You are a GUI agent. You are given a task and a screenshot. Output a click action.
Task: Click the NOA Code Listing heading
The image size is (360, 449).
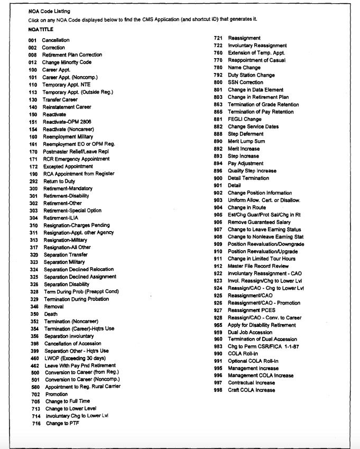[x=49, y=11]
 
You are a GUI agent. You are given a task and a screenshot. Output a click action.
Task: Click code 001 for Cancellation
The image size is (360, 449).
[x=33, y=40]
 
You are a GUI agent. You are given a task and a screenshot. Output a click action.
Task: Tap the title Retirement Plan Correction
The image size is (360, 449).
[x=72, y=55]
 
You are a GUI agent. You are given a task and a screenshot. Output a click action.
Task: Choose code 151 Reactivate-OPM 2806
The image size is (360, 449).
[x=33, y=122]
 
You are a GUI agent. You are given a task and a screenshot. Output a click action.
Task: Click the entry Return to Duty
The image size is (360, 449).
[x=60, y=181]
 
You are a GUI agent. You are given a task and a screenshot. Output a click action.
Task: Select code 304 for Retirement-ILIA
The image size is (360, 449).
[x=33, y=218]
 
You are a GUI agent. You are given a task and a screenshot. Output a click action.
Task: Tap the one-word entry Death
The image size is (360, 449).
[x=51, y=314]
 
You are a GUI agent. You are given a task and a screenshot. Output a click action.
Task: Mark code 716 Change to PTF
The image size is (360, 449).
[x=36, y=424]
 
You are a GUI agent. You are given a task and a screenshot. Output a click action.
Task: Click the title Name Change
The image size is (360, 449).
[x=244, y=68]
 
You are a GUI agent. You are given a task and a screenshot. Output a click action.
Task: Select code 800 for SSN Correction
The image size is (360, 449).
[x=218, y=83]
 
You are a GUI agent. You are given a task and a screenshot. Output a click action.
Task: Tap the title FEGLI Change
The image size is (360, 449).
[x=244, y=120]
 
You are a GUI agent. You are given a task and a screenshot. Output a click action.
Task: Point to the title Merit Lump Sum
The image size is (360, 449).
[x=246, y=142]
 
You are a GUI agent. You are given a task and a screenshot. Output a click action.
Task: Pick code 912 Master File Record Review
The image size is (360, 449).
[x=218, y=266]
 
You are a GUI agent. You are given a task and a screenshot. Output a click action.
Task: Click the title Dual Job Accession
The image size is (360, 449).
[x=250, y=332]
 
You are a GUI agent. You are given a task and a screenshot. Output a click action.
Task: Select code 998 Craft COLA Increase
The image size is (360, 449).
[x=218, y=390]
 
